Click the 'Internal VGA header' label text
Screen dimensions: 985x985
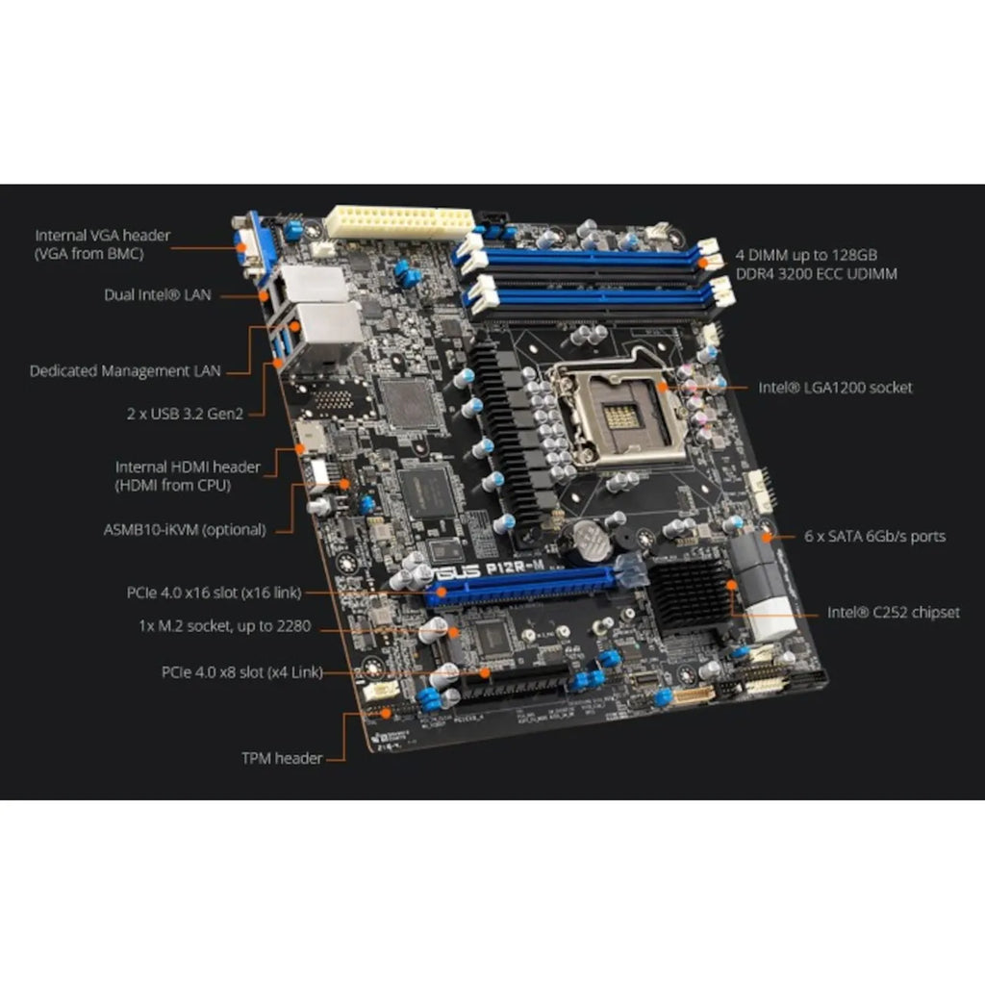point(102,236)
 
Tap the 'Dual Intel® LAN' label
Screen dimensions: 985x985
point(158,294)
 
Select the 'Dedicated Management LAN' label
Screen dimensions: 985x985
point(125,370)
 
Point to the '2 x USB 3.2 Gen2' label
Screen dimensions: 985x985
point(185,414)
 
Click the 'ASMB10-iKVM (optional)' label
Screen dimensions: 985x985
point(185,530)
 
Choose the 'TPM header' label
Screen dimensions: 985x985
point(282,758)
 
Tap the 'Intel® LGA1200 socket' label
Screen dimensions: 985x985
point(835,388)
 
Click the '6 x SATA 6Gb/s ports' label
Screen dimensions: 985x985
point(874,536)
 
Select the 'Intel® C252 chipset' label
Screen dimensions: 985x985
point(894,613)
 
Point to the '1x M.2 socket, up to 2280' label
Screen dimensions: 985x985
point(225,626)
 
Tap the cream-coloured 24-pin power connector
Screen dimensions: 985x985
point(400,221)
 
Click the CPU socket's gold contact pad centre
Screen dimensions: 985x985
point(621,417)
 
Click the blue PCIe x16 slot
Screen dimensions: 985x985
point(520,586)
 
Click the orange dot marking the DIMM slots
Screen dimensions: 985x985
point(703,264)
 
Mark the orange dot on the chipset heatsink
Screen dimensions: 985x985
point(732,586)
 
